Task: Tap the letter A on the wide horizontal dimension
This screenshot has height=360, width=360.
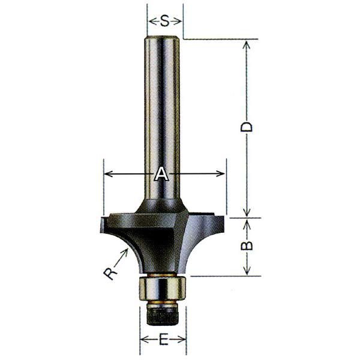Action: pos(161,175)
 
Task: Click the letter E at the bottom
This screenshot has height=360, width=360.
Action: pos(164,341)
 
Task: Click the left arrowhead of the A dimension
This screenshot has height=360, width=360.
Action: pos(107,175)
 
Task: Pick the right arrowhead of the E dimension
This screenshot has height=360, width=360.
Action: pos(184,341)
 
